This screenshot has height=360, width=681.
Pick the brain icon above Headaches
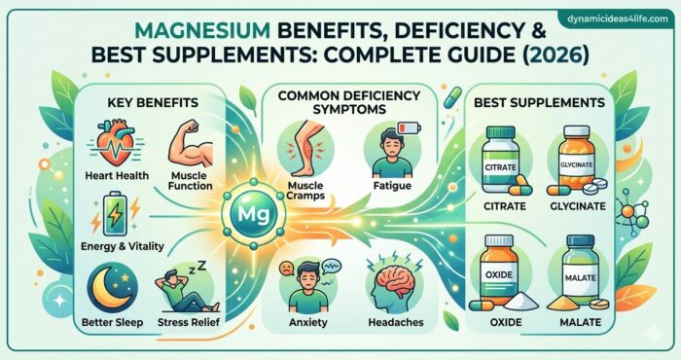396,283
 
